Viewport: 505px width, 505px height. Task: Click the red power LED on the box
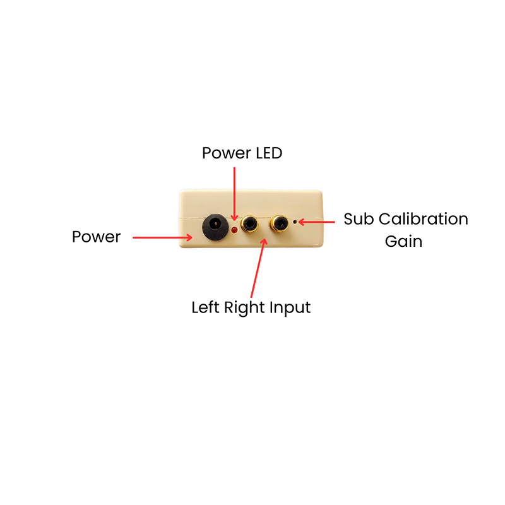(x=234, y=230)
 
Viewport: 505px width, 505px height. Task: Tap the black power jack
(x=215, y=227)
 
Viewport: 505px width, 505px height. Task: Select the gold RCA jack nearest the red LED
(x=249, y=223)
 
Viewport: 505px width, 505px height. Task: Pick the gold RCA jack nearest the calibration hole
(x=279, y=223)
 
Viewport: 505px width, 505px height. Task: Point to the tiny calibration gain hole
(x=294, y=222)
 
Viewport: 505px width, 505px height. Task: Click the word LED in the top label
(x=269, y=153)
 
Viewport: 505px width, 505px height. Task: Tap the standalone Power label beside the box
(x=97, y=237)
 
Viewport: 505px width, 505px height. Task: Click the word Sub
(x=359, y=219)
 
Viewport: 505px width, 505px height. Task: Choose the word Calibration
(x=424, y=219)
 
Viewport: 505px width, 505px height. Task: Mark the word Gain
(x=403, y=241)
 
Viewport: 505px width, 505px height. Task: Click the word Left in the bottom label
(x=206, y=307)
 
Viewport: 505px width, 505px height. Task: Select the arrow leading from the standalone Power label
(x=163, y=238)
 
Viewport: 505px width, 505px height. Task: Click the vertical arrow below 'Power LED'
(x=234, y=194)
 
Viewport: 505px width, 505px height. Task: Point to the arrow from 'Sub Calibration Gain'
(x=317, y=222)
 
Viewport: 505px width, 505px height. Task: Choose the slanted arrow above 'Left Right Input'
(x=258, y=268)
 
